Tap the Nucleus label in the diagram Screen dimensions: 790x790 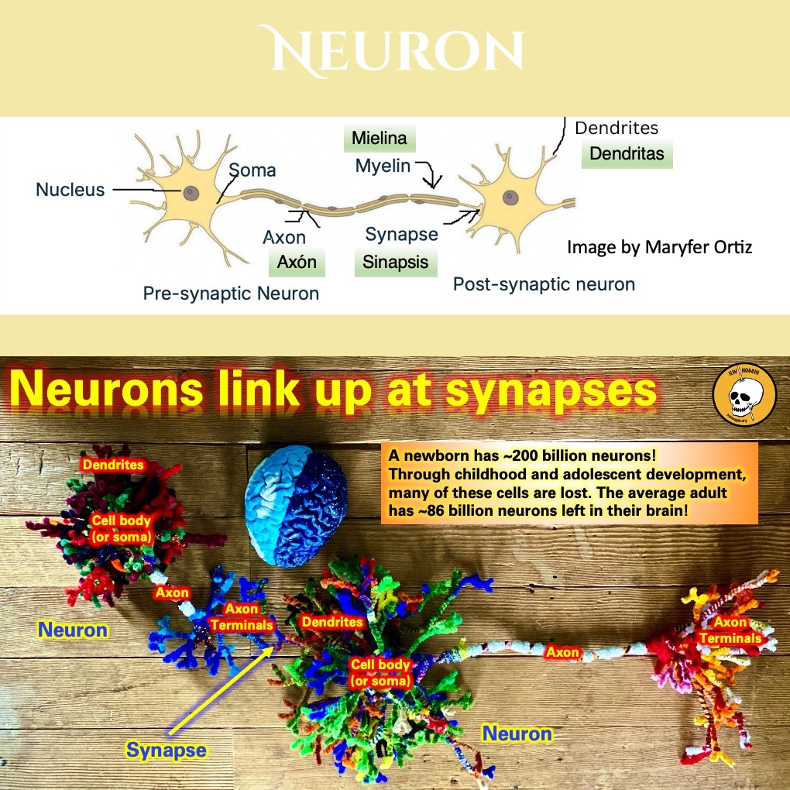[70, 190]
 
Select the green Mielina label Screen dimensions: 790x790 [379, 139]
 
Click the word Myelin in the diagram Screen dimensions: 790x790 [383, 166]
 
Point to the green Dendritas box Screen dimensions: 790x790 [627, 153]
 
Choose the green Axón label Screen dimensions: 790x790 [296, 262]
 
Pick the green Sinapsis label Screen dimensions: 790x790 [395, 262]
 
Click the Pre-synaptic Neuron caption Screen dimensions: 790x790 [231, 294]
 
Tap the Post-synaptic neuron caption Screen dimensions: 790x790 [544, 284]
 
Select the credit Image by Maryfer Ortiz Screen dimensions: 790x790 [659, 248]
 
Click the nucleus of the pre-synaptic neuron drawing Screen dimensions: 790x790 [190, 192]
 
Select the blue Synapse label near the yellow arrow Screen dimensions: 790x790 [167, 750]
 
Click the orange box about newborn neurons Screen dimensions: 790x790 [569, 483]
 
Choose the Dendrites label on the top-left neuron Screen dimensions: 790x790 [113, 465]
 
